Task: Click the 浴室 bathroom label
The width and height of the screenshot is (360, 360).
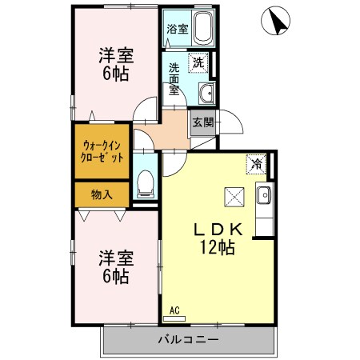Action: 176,29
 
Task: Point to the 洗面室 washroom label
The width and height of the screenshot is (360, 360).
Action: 174,79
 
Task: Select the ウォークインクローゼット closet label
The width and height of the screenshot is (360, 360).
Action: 102,151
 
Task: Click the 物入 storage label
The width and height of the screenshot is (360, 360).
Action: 101,194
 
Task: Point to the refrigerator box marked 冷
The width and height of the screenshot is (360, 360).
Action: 256,162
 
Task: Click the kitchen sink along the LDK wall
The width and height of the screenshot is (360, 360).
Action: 265,194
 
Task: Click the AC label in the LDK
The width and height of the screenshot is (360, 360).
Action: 174,310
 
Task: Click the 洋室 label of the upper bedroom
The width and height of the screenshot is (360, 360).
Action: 115,55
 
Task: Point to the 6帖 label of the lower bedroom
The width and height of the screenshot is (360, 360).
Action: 115,277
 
